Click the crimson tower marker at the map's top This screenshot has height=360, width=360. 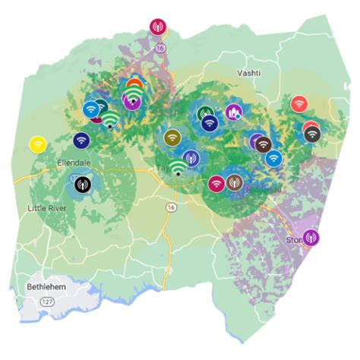click(158, 27)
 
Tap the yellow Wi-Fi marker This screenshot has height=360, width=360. click(37, 143)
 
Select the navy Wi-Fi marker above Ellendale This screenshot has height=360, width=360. click(82, 140)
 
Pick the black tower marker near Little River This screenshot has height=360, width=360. click(82, 183)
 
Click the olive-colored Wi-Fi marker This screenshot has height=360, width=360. click(172, 137)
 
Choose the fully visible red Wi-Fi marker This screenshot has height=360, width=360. click(298, 103)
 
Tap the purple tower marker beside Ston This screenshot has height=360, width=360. click(311, 238)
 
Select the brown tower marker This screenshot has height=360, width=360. click(235, 183)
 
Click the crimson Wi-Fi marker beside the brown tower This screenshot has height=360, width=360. click(216, 183)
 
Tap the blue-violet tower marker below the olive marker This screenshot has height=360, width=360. click(191, 158)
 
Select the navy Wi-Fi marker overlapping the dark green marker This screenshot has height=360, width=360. click(210, 123)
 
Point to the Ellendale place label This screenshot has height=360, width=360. click(74, 163)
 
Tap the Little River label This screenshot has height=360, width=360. click(46, 208)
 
